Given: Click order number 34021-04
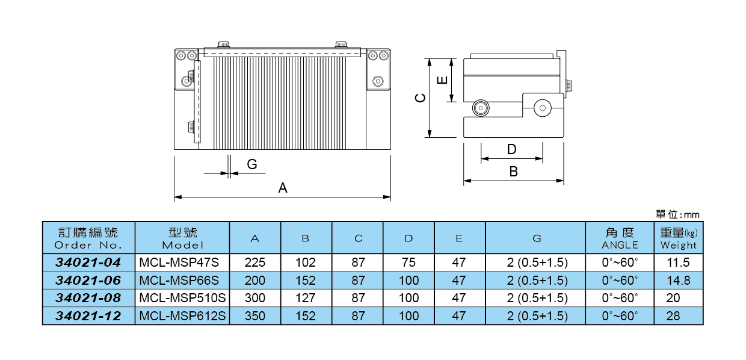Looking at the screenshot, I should (x=88, y=262).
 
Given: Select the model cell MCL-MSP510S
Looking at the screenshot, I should (x=182, y=297).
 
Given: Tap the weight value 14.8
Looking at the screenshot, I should (x=678, y=280).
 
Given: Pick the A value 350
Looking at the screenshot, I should (x=255, y=315).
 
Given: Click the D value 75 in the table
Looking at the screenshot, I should (x=408, y=262).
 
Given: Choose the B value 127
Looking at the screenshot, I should (x=306, y=297).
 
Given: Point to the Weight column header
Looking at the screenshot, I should (x=678, y=238).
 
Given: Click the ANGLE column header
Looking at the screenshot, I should (x=620, y=238).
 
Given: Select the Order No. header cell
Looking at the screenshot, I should (x=88, y=238).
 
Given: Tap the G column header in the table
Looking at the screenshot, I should (x=537, y=238).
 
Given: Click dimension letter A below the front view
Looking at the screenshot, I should (x=282, y=188).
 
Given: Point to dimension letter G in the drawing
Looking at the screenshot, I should (x=252, y=164).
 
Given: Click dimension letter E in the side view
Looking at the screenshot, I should (x=442, y=80).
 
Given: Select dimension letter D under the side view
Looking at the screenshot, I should (x=511, y=149).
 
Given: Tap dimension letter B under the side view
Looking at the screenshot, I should (x=513, y=172).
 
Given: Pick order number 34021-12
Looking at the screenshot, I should (x=88, y=315).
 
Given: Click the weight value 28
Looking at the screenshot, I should (x=673, y=315).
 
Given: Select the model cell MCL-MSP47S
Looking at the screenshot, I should (x=179, y=262).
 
